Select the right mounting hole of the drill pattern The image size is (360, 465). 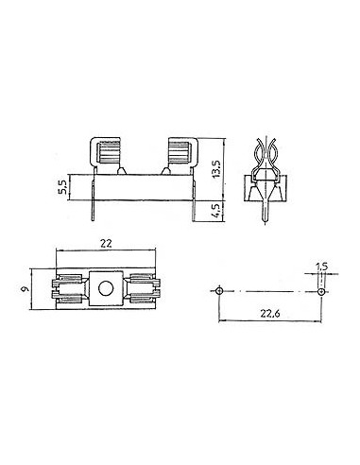click(x=320, y=291)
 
